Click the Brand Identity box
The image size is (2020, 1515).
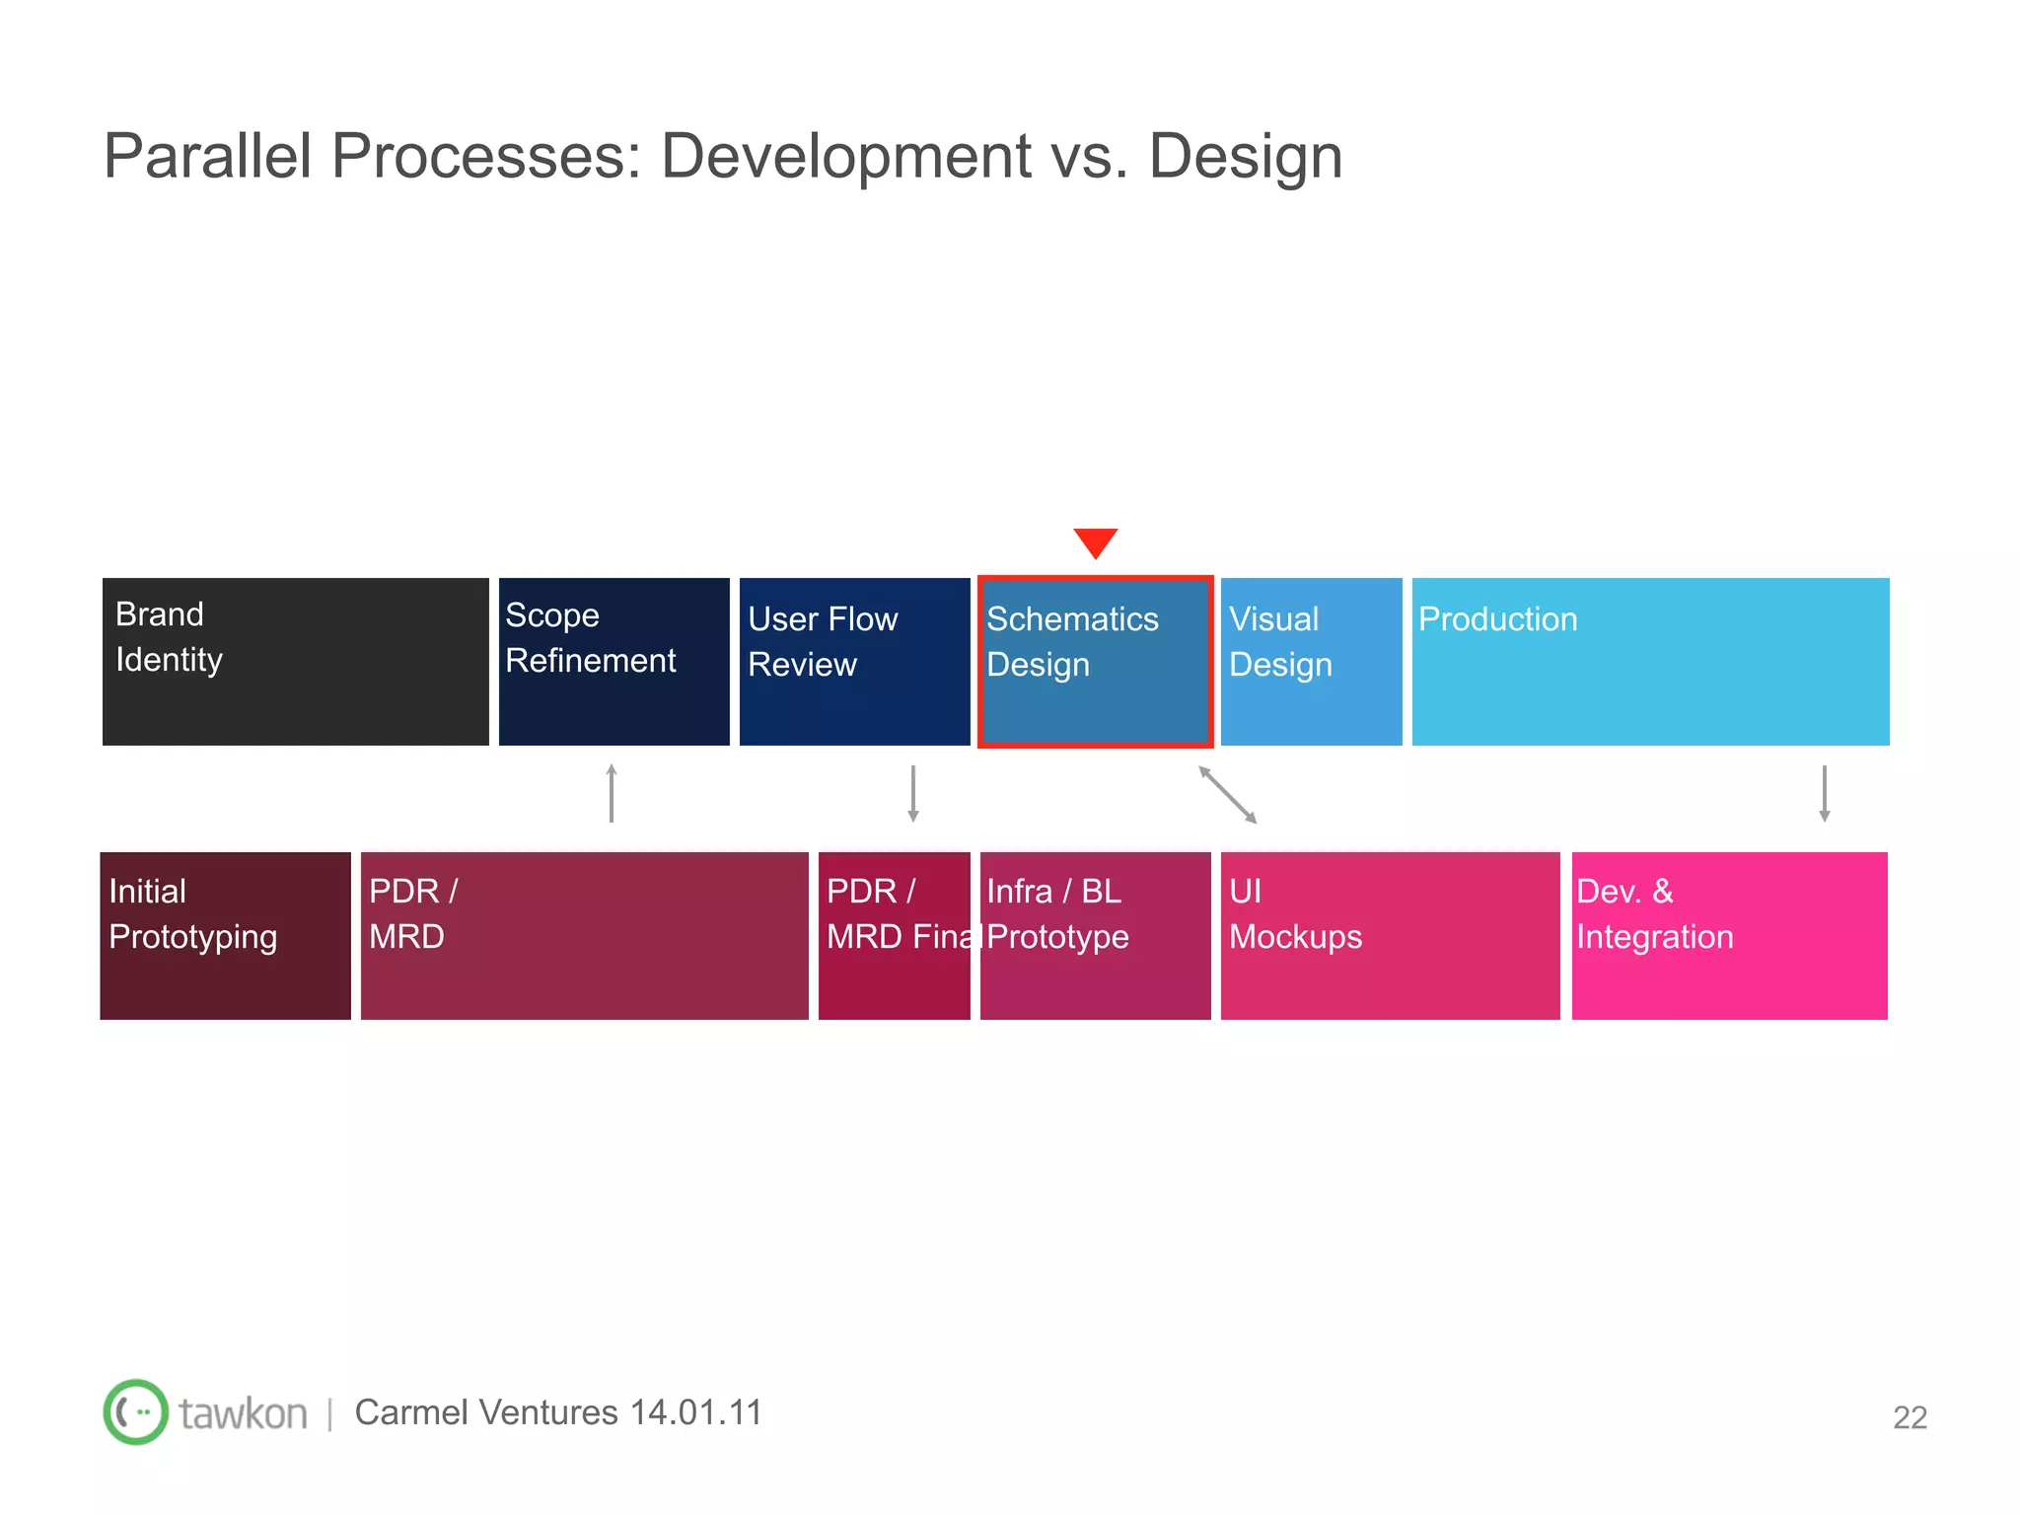coord(296,662)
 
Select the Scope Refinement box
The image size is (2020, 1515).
coord(613,662)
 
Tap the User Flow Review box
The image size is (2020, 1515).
coord(854,662)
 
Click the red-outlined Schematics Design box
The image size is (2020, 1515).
coord(1095,662)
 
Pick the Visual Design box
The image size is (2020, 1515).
coord(1311,662)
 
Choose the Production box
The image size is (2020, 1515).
coord(1650,662)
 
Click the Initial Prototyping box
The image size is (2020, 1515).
coord(225,935)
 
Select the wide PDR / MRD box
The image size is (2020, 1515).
coord(584,935)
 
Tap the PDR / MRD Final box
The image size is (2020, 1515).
coord(894,935)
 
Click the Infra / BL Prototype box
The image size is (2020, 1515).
coord(1095,935)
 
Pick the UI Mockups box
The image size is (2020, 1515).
coord(1390,935)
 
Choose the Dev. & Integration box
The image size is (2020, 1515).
coord(1729,935)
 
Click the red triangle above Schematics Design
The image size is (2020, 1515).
coord(1095,541)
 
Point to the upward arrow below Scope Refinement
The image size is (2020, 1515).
coord(612,793)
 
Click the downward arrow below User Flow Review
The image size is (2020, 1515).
coord(913,793)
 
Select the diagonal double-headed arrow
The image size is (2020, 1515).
coord(1228,794)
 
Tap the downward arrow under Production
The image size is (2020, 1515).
coord(1825,793)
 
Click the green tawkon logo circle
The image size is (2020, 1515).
coord(136,1411)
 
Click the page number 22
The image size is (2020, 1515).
coord(1910,1417)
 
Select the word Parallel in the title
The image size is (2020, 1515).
coord(207,156)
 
